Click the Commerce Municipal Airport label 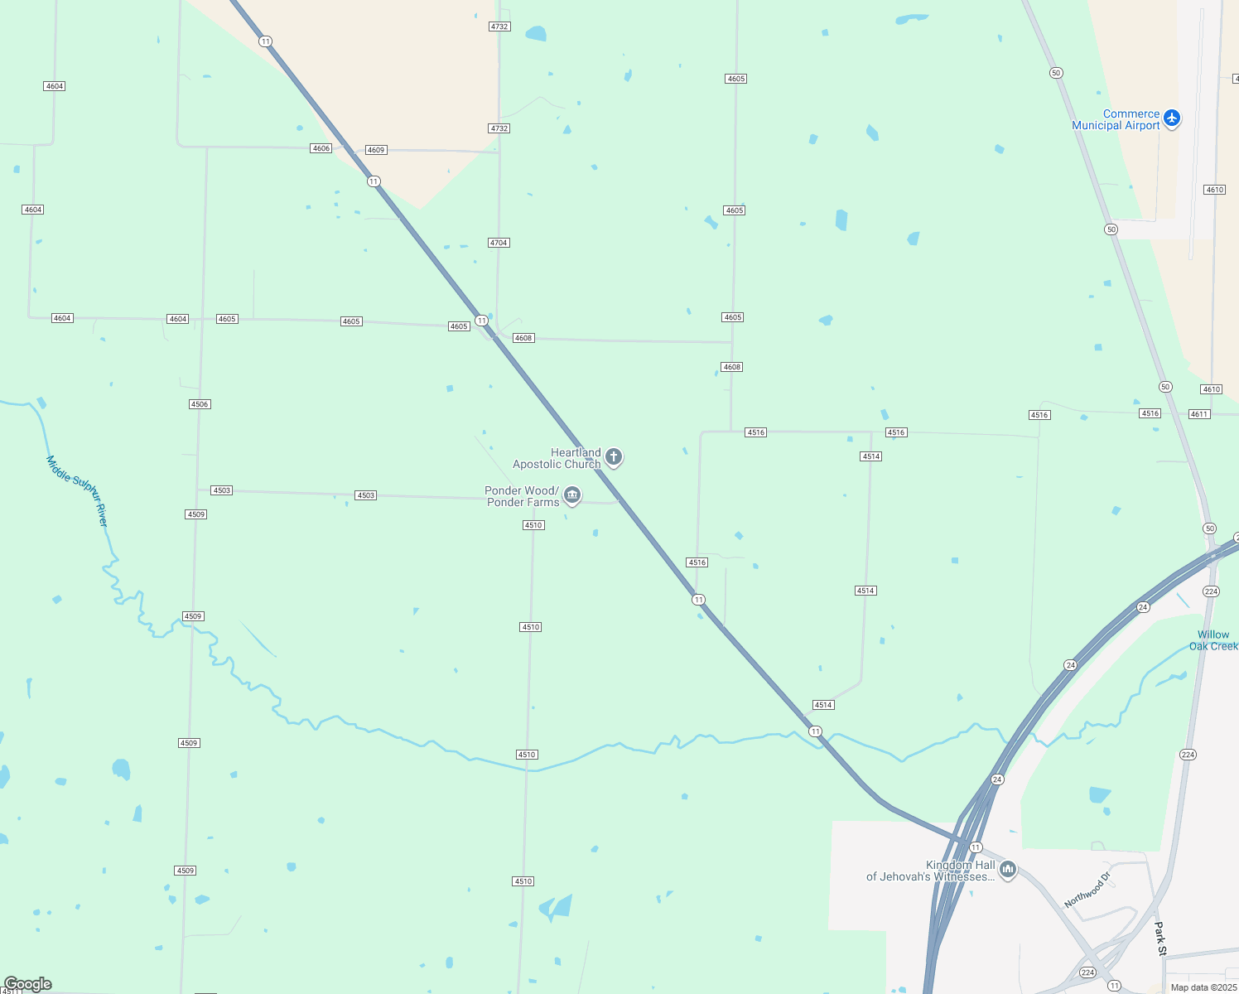pyautogui.click(x=1116, y=120)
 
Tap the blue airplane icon pyautogui.click(x=1171, y=118)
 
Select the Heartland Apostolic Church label pyautogui.click(x=557, y=458)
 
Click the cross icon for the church pyautogui.click(x=614, y=456)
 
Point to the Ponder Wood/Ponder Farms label pyautogui.click(x=523, y=496)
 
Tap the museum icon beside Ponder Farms pyautogui.click(x=571, y=495)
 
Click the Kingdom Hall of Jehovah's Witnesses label pyautogui.click(x=931, y=871)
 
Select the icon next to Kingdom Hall pyautogui.click(x=1008, y=869)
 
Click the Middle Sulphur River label pyautogui.click(x=77, y=490)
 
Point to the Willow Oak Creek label pyautogui.click(x=1213, y=640)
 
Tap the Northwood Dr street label pyautogui.click(x=1087, y=890)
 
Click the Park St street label pyautogui.click(x=1160, y=939)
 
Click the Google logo pyautogui.click(x=27, y=984)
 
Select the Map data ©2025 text pyautogui.click(x=1203, y=987)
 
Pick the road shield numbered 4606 pyautogui.click(x=321, y=148)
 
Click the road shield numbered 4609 pyautogui.click(x=376, y=150)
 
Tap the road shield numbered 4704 pyautogui.click(x=499, y=243)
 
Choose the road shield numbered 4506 pyautogui.click(x=200, y=404)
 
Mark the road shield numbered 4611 pyautogui.click(x=1199, y=414)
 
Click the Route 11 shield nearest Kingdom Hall pyautogui.click(x=976, y=847)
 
